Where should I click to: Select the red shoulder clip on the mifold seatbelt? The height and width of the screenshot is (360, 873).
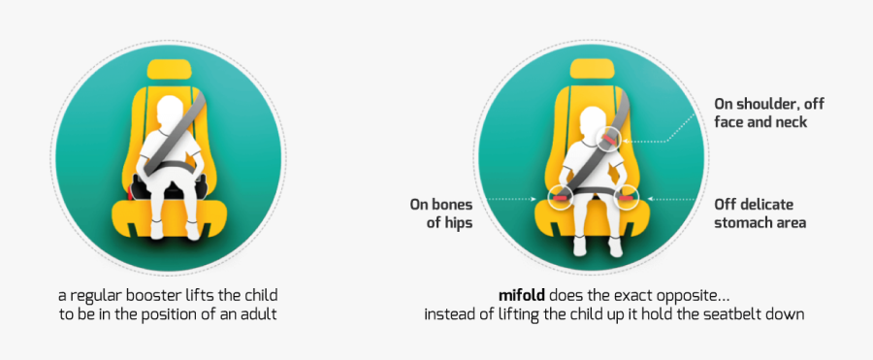click(607, 142)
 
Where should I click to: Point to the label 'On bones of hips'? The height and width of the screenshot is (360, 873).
click(441, 213)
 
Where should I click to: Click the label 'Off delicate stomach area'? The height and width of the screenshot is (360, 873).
click(760, 213)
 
